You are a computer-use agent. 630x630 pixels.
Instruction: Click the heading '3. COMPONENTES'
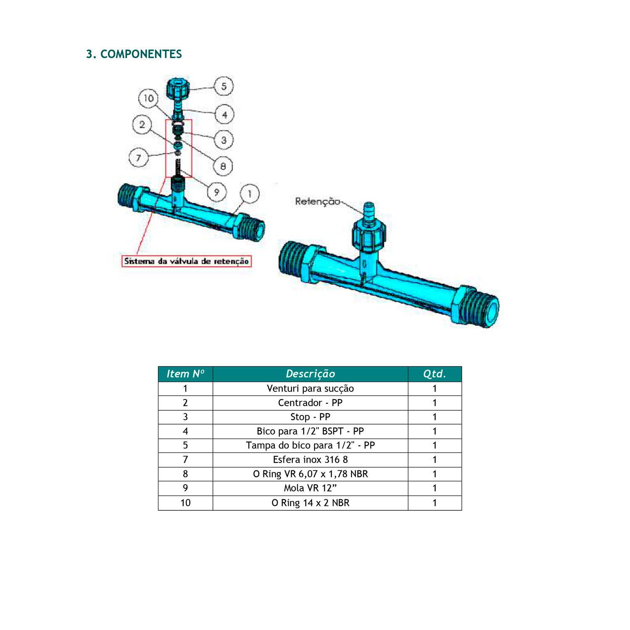[134, 54]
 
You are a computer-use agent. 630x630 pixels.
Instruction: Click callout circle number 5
[224, 86]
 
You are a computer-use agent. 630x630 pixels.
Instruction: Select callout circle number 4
[225, 114]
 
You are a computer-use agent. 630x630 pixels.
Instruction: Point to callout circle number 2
[142, 125]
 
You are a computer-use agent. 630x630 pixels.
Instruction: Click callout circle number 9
[217, 192]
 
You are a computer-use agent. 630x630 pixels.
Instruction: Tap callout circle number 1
[249, 194]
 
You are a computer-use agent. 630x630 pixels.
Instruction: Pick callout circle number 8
[223, 166]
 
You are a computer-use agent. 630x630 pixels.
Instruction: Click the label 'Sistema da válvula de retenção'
[186, 261]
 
